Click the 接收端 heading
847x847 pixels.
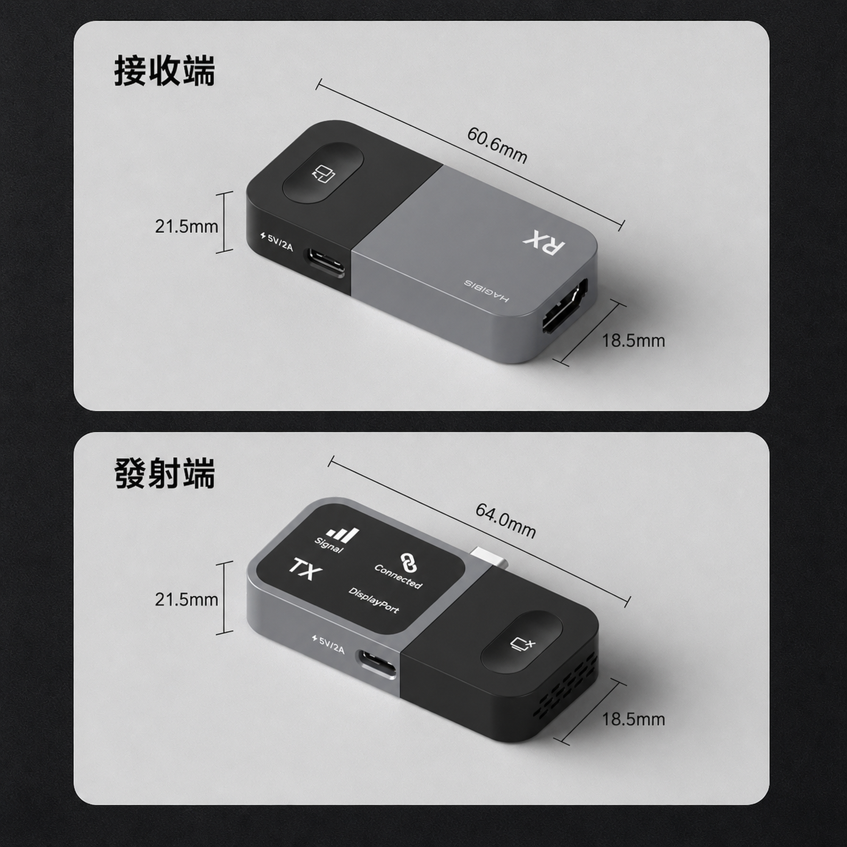165,71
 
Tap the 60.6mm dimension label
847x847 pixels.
497,145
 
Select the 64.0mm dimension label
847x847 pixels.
505,520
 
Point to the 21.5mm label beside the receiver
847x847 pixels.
186,227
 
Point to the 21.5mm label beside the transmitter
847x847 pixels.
186,599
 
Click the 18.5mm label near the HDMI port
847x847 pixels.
633,341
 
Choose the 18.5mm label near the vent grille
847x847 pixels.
633,719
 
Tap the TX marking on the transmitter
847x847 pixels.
305,570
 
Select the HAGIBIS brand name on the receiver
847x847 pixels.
487,291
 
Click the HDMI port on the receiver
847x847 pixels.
565,306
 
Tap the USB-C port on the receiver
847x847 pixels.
326,264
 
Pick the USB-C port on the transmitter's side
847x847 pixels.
377,663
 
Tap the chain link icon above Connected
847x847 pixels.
408,563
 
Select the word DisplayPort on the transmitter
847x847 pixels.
374,600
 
